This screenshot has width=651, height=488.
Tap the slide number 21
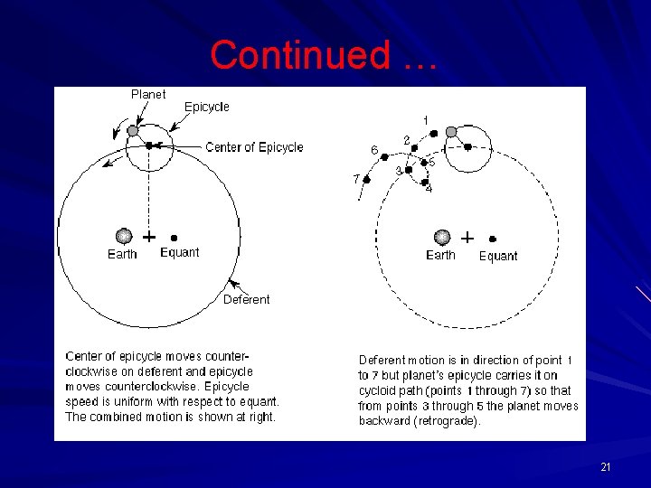click(606, 467)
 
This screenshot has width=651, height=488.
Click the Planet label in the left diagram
click(148, 94)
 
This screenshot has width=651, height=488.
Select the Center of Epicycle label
click(254, 147)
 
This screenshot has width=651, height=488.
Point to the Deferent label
click(246, 299)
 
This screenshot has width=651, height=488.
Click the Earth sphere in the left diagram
click(124, 237)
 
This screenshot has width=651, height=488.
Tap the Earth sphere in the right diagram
click(442, 237)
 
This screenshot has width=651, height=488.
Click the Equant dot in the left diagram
click(173, 238)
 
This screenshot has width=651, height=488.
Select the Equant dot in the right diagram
click(493, 238)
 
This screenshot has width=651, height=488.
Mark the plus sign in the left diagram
click(148, 237)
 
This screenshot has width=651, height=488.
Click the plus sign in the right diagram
click(467, 237)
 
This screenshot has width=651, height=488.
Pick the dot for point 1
click(434, 134)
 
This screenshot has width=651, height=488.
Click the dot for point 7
click(366, 180)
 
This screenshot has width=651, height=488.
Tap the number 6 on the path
click(374, 149)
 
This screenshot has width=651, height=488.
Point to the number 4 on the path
click(429, 190)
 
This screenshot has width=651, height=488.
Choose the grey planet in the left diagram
click(133, 131)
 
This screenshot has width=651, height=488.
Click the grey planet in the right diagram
click(451, 132)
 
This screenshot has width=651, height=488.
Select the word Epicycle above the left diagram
click(207, 107)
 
